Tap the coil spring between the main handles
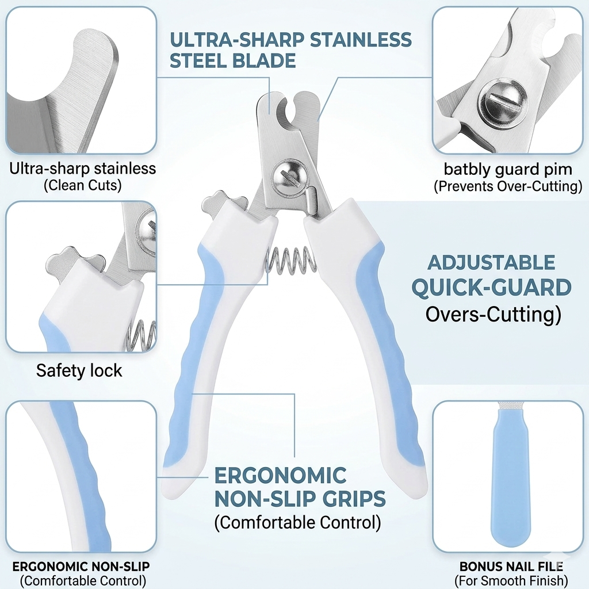coord(291,260)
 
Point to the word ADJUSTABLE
coord(491,262)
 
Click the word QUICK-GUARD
coord(491,288)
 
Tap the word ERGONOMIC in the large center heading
coord(280,475)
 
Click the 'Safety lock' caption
coord(79,371)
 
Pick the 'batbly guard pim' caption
coord(508,170)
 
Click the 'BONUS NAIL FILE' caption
coord(511,566)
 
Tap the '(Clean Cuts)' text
coord(83,185)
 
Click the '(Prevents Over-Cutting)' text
coord(508,186)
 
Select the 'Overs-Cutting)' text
coord(493,315)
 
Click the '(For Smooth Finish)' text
coord(511,581)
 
